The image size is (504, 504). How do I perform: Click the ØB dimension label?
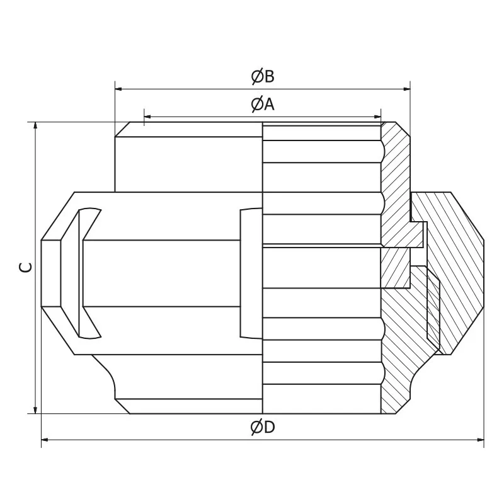263,76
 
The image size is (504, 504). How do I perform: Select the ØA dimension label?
263,104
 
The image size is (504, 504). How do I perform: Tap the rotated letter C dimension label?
25,267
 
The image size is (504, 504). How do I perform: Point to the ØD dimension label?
263,427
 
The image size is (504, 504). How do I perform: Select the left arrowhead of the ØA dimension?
149,116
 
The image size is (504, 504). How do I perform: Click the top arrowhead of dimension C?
35,127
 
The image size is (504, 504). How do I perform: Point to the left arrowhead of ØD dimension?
46,440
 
